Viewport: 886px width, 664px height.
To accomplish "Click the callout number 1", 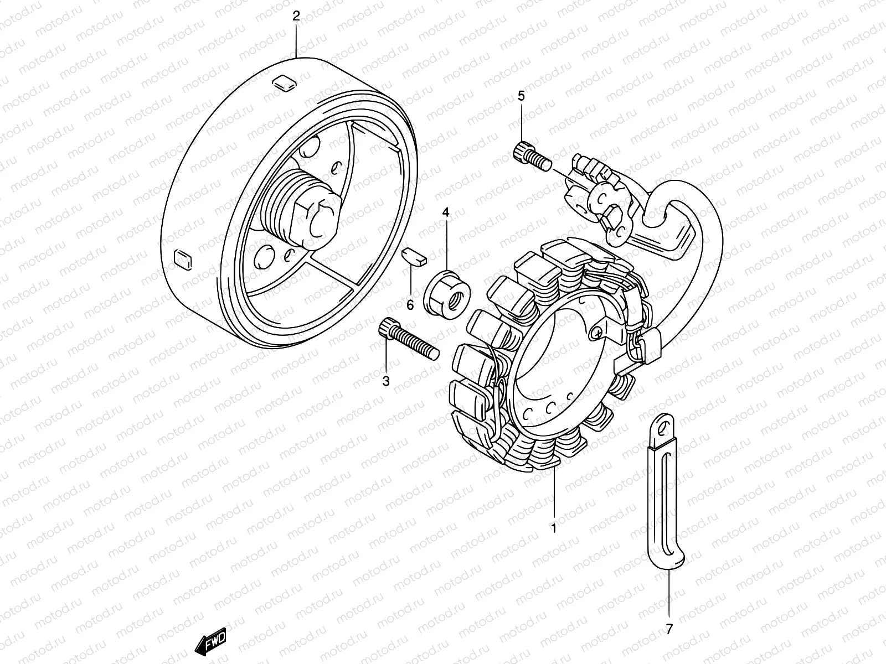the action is (554, 528).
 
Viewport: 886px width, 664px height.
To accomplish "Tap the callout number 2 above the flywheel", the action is (296, 16).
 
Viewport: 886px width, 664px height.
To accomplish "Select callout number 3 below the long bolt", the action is (386, 381).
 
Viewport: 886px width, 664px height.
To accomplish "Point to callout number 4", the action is (446, 212).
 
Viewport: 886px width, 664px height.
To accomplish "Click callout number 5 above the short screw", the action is (522, 96).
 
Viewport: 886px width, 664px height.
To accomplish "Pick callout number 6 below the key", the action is (410, 305).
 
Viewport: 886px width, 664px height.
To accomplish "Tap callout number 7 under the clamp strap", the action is (669, 629).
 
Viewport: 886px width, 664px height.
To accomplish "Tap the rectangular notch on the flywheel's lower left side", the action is (182, 260).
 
